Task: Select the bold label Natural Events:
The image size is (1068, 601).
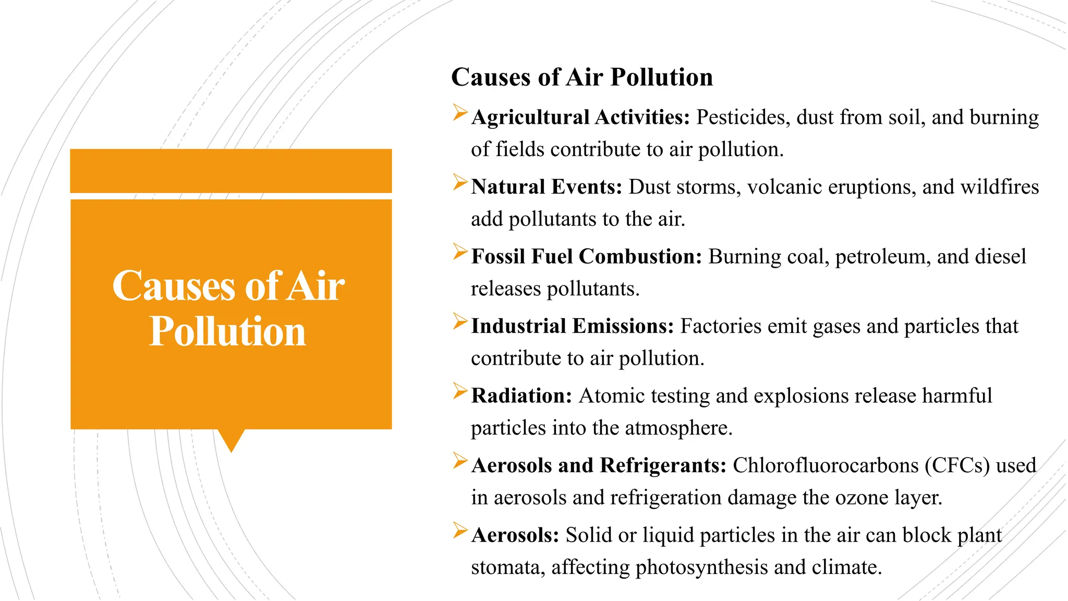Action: coord(547,187)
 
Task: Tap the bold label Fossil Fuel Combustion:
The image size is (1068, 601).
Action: coord(587,257)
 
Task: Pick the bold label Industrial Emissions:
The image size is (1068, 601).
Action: coord(573,326)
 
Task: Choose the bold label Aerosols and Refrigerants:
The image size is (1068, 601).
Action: coord(599,465)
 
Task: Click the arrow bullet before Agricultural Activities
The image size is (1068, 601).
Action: coord(460,113)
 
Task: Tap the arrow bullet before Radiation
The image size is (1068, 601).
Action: coord(460,391)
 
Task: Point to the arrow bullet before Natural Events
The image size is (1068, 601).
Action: coord(460,182)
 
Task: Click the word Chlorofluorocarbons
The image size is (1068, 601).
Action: coord(826,465)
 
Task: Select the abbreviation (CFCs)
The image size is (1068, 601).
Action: coord(957,465)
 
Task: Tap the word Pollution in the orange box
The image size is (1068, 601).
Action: coord(227,331)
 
